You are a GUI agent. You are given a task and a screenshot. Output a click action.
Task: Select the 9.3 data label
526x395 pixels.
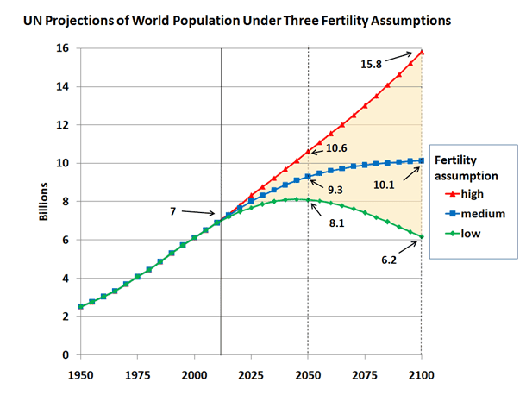point(338,188)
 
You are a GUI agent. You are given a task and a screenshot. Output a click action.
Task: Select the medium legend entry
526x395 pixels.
point(479,214)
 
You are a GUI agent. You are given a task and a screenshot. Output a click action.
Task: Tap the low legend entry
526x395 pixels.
point(471,233)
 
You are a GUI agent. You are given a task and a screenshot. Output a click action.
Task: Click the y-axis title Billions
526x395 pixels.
point(43,201)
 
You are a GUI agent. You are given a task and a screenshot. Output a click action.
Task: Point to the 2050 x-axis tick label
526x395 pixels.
point(308,377)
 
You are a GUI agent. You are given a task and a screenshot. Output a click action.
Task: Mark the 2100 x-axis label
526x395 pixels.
point(421,377)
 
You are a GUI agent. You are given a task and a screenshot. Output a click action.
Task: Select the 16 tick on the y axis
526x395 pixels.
point(60,48)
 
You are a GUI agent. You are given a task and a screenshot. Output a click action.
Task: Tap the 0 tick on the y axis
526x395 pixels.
point(64,355)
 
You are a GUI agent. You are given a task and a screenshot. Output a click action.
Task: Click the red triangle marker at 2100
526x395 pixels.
point(422,52)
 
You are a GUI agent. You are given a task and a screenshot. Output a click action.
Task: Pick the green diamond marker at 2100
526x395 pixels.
point(422,236)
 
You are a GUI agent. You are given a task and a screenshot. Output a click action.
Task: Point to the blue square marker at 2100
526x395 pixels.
point(422,160)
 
